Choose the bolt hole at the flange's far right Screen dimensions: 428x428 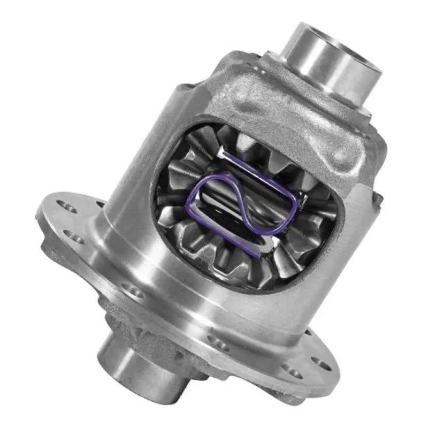point(322,364)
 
